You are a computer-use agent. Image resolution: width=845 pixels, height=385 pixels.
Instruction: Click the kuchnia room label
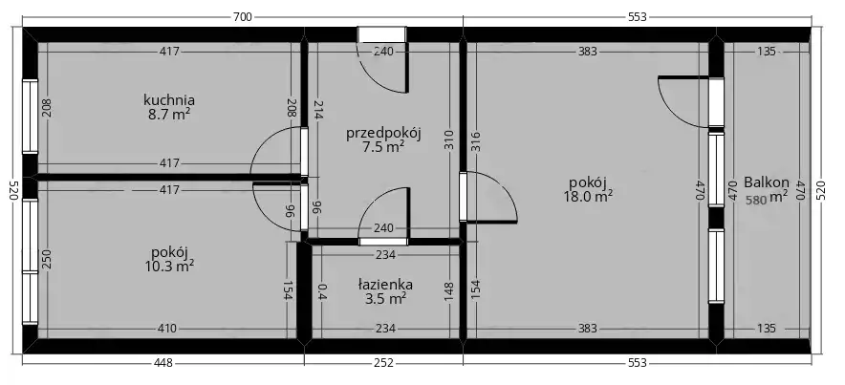(x=168, y=100)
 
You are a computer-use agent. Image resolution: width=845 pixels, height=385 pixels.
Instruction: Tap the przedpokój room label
(x=383, y=133)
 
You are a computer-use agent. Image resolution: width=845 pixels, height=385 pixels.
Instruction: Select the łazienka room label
(x=385, y=284)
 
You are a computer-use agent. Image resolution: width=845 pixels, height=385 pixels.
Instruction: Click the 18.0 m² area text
(x=588, y=196)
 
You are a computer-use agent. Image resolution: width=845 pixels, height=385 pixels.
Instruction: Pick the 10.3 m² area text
(x=169, y=266)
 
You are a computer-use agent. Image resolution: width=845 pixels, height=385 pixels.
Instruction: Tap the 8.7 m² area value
(x=169, y=114)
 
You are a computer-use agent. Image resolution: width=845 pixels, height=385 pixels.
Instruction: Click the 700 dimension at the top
(x=243, y=17)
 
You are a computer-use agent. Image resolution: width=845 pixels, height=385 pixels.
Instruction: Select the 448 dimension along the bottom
(x=163, y=363)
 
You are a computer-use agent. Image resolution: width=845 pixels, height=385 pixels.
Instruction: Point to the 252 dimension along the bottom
(x=383, y=363)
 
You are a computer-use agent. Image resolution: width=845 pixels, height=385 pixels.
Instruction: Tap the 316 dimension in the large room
(x=476, y=141)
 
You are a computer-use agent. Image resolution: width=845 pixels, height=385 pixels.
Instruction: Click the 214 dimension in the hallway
(x=317, y=109)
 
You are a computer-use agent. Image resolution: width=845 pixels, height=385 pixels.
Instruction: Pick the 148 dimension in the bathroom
(x=450, y=291)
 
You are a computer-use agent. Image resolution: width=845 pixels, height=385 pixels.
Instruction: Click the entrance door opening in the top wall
(x=382, y=34)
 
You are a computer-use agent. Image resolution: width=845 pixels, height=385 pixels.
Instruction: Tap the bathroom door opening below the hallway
(x=383, y=242)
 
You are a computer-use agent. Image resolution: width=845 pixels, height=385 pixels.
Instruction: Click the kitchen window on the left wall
(x=31, y=117)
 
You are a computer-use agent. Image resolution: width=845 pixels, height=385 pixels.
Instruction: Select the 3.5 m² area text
(x=385, y=299)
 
